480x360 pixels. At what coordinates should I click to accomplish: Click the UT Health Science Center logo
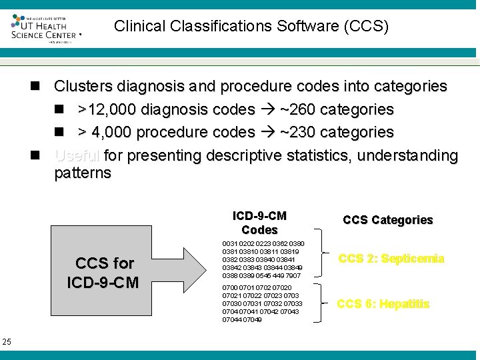coord(45,27)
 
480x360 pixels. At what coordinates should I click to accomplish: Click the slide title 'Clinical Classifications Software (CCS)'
coord(251,26)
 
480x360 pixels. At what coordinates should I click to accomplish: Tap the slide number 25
coord(7,342)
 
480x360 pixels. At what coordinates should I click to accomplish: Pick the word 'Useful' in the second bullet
coord(77,155)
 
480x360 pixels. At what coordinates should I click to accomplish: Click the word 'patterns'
coord(83,173)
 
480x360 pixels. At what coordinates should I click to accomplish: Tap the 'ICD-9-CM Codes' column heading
coord(259,223)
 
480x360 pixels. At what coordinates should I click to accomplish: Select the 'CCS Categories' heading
coord(388,220)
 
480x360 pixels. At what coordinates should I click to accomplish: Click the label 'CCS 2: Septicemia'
coord(391,259)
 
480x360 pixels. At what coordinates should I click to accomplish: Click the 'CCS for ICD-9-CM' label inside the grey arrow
coord(104,273)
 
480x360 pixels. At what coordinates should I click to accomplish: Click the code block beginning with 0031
coord(263,259)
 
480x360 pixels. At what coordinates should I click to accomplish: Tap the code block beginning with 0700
coord(261,303)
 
